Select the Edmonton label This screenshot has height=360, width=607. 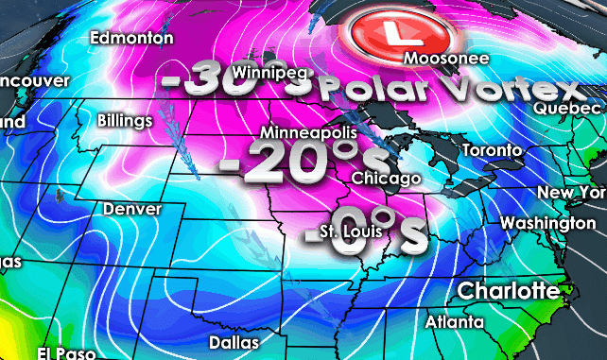click(131, 38)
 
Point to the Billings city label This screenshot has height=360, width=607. click(125, 121)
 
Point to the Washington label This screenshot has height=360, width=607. click(547, 223)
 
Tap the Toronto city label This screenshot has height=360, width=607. click(492, 151)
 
